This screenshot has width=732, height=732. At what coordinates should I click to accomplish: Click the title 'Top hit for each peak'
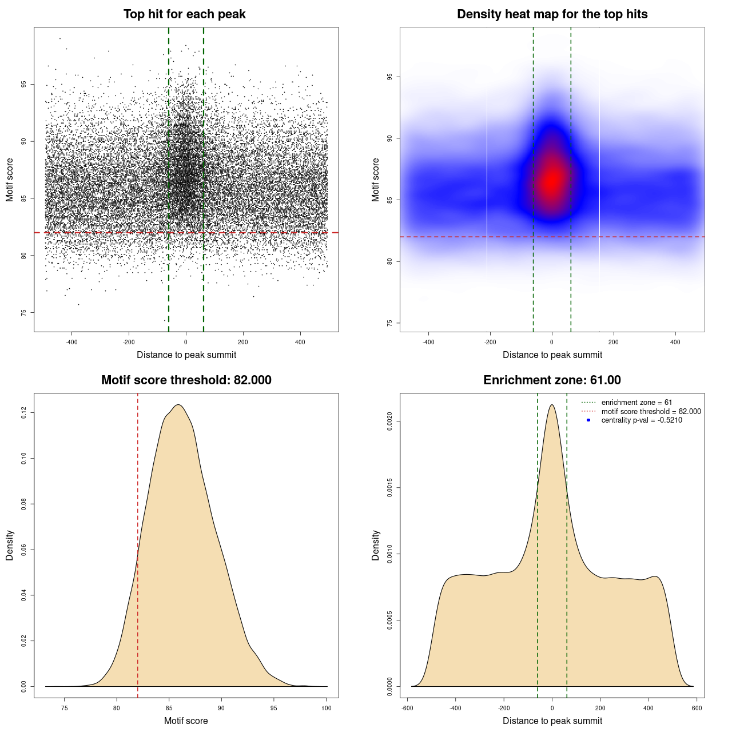point(184,14)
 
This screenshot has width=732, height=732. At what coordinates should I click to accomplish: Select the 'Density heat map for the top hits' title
point(552,14)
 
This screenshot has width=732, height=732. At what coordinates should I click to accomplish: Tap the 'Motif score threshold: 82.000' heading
point(186,380)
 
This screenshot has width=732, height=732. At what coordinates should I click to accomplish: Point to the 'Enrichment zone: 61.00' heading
point(552,380)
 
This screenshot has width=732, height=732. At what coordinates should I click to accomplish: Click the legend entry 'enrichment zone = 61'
point(636,403)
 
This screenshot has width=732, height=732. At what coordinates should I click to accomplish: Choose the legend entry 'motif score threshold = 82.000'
point(651,411)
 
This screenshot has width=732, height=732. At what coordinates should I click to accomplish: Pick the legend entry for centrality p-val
point(641,420)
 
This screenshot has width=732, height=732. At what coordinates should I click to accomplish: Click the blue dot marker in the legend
point(588,420)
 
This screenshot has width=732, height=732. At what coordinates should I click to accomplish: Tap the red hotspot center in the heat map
point(552,180)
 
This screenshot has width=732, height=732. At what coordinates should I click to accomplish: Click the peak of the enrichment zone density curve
point(552,405)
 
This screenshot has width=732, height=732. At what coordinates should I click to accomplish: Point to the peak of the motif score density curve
point(179,405)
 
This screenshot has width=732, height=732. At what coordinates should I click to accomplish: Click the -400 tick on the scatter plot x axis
point(71,343)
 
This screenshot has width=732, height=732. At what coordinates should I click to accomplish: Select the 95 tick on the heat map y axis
point(389,77)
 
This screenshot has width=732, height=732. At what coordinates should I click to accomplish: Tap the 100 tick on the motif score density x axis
point(327,708)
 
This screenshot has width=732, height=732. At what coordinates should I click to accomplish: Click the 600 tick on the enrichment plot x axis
point(697,708)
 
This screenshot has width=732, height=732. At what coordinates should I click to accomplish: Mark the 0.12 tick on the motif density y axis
point(23,412)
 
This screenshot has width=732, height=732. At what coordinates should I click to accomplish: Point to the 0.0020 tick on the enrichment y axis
point(389,421)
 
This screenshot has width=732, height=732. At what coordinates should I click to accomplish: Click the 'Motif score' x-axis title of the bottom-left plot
point(186,721)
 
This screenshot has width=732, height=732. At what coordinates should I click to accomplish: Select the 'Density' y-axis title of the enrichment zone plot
point(376,545)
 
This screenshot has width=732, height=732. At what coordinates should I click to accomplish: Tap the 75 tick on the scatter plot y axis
point(23,313)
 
